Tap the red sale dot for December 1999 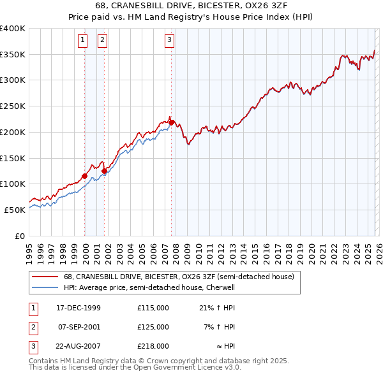click(85, 176)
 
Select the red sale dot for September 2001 click(105, 171)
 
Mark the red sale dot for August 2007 click(172, 122)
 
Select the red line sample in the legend click(45, 277)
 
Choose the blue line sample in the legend click(45, 287)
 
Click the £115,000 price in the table click(153, 307)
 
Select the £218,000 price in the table click(153, 347)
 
